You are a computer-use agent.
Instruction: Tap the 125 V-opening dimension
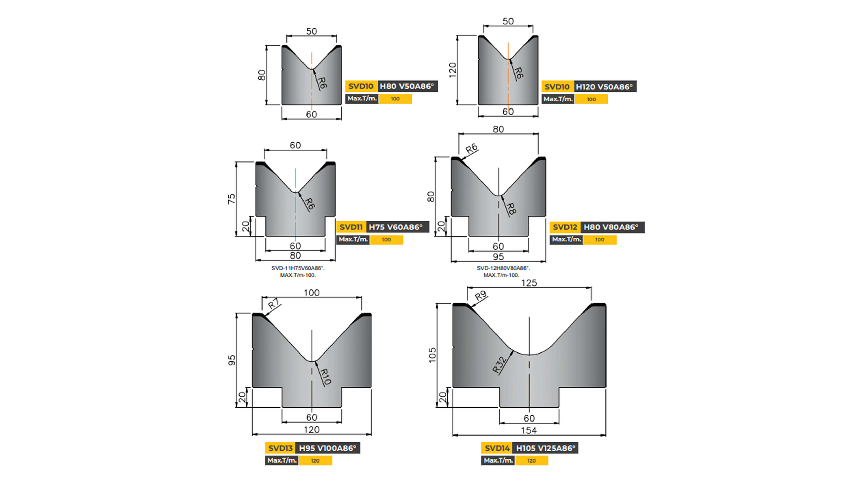529,283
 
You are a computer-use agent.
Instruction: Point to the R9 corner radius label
481,296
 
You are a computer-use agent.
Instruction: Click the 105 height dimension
432,355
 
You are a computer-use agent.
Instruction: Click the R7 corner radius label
274,304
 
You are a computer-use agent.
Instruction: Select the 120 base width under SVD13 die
311,430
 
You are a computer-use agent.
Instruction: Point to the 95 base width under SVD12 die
498,257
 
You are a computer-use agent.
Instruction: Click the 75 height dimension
232,199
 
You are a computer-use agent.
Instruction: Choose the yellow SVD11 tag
351,227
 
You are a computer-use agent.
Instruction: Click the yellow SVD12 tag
565,227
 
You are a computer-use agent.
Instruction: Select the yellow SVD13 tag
280,448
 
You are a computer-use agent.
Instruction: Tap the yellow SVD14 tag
497,448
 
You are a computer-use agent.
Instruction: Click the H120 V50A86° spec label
604,87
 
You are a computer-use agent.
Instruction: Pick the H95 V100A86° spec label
327,448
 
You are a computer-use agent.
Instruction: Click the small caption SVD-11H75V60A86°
298,268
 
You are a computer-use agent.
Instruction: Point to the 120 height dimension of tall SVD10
452,70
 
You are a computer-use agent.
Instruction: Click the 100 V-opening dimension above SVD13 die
311,293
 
